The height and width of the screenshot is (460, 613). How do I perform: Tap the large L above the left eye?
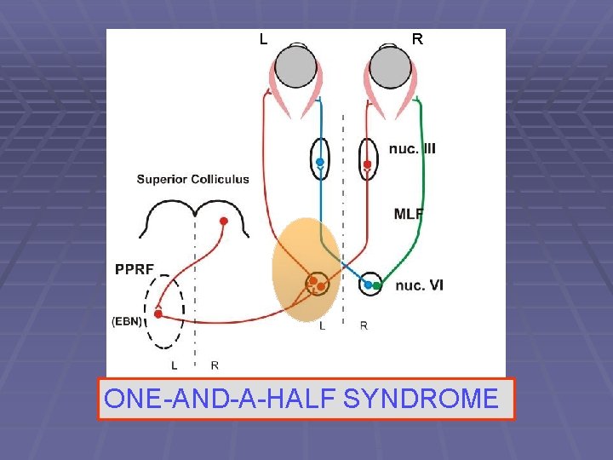263,39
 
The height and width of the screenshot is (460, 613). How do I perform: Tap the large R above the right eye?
417,39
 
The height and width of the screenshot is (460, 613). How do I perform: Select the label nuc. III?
412,148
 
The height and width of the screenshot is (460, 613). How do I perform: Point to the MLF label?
409,214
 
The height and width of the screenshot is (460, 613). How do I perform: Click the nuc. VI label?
419,285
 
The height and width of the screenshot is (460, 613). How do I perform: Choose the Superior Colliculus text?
193,179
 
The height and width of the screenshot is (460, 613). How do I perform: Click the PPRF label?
135,270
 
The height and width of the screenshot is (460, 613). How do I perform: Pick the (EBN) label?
129,321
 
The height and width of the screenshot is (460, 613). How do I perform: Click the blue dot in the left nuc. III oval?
320,162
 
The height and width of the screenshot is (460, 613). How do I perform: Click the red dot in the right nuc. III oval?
367,164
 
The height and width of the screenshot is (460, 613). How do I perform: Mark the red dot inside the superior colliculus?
224,221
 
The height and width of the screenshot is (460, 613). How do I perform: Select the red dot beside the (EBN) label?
158,313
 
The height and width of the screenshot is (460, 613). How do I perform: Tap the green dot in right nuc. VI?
376,285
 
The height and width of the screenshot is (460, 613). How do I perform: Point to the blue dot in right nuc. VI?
368,285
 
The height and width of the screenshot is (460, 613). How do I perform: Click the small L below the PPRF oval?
175,365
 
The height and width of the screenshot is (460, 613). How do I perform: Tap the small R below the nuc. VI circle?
364,326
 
